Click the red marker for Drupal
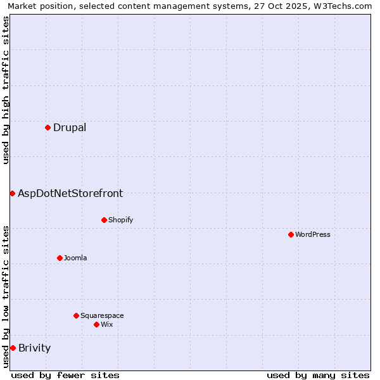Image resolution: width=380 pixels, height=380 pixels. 47,128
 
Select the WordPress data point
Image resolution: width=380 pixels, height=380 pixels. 291,234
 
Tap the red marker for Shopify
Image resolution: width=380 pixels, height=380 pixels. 104,220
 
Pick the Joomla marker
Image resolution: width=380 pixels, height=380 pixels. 60,258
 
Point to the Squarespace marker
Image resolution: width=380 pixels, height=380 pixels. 76,315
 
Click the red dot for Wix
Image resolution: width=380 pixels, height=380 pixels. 96,324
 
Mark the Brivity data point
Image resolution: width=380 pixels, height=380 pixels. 13,348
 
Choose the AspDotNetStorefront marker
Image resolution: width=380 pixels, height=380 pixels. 12,193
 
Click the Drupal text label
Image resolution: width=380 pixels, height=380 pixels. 70,128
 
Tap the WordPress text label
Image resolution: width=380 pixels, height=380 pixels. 313,234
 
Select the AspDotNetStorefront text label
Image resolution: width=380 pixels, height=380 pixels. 70,193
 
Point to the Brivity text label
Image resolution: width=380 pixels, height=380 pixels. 35,348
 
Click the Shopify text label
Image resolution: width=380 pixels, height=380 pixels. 120,220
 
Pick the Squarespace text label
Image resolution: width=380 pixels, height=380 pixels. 102,315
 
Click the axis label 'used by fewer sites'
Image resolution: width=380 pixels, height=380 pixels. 65,375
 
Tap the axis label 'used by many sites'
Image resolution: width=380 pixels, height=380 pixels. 318,375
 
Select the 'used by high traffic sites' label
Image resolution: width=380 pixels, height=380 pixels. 6,90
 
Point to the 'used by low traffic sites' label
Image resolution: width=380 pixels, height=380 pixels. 6,296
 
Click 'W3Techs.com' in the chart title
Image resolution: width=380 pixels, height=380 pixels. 345,6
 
